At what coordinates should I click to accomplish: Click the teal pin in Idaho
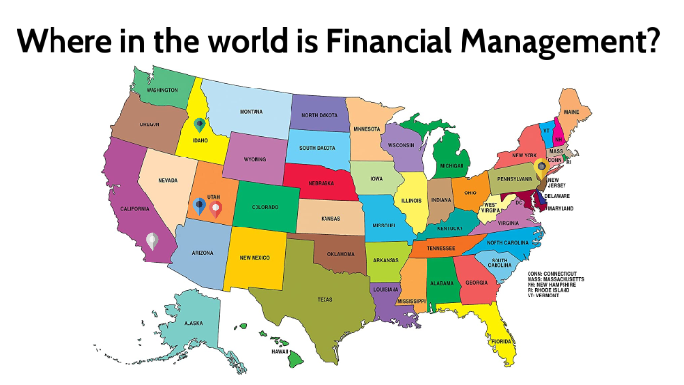200,125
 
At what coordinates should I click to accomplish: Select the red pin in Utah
216,206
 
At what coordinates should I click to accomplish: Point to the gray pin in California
151,238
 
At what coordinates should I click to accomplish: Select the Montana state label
252,111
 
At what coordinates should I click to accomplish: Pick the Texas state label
325,299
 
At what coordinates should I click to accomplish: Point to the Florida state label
501,342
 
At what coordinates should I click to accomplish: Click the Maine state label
572,112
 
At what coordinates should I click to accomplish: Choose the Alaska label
194,322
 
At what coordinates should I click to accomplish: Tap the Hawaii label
280,351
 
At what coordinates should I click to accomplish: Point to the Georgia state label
476,282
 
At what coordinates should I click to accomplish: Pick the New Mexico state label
255,257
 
